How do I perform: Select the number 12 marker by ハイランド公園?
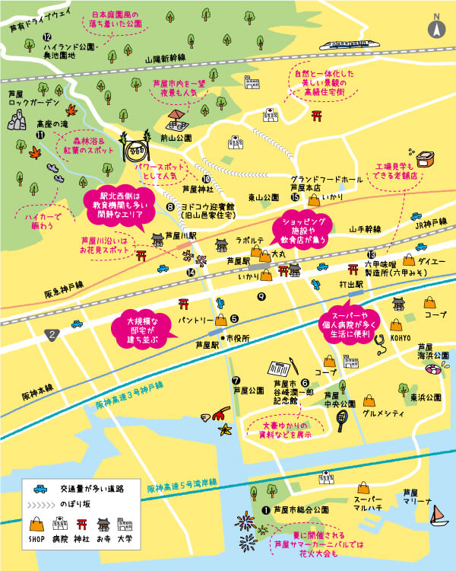tap(47, 37)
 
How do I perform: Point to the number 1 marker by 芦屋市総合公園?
tap(266, 510)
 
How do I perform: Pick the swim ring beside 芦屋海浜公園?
tap(432, 369)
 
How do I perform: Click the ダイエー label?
tap(432, 261)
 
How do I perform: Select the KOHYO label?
tap(400, 337)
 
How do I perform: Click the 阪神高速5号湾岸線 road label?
tap(182, 484)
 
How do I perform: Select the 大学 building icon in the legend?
tap(125, 525)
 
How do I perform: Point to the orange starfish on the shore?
tap(226, 429)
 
